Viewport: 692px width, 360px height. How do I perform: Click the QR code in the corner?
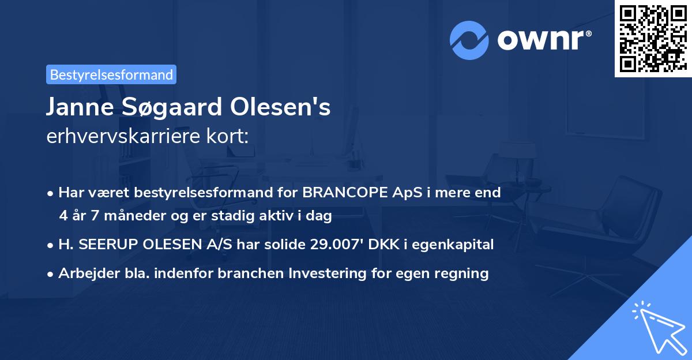[652, 38]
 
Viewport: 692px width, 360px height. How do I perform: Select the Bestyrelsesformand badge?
[111, 74]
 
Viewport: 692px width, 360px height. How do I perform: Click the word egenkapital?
[460, 245]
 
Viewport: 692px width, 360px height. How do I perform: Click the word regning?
[462, 273]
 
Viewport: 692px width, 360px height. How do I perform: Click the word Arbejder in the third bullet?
[83, 273]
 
